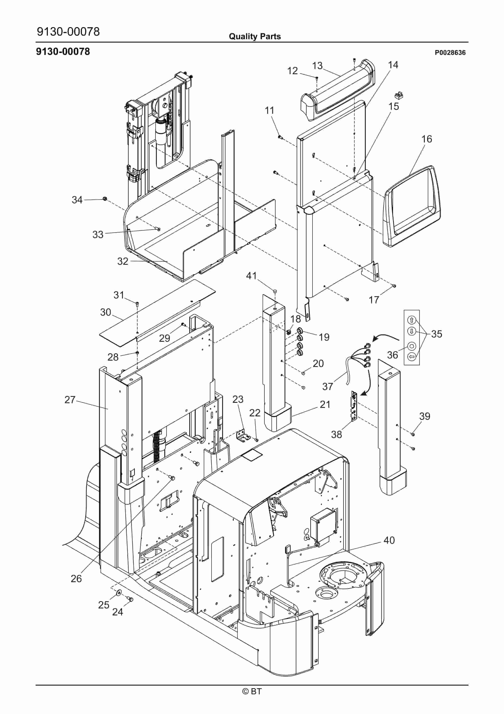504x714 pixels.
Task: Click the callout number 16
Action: click(427, 139)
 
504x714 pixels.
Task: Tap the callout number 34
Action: click(77, 200)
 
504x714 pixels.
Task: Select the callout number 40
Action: click(389, 540)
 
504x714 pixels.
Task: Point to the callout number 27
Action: click(70, 400)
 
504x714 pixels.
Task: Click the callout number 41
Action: click(251, 276)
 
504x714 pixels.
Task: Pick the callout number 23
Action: click(238, 399)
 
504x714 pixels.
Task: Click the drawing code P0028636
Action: click(450, 53)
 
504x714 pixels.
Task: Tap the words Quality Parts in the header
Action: click(255, 36)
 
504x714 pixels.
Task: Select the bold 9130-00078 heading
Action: click(63, 51)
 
